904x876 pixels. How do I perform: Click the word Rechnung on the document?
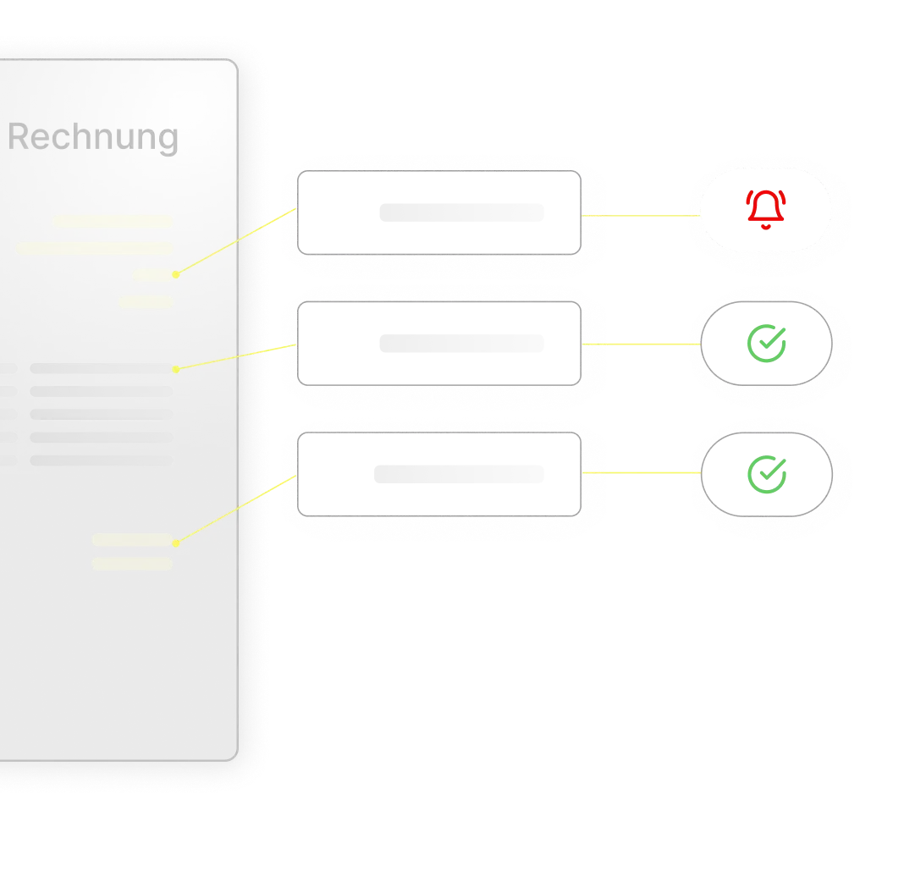click(x=93, y=137)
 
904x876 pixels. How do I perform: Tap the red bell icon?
click(x=766, y=210)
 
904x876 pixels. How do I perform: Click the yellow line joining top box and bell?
click(x=639, y=215)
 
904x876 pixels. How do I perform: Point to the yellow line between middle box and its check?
click(x=639, y=344)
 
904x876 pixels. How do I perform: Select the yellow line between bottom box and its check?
click(x=639, y=471)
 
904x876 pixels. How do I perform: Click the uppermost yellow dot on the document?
click(x=175, y=274)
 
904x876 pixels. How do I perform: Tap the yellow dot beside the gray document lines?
click(x=175, y=369)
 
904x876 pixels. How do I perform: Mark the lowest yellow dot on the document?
click(x=175, y=541)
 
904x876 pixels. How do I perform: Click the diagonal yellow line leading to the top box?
click(x=235, y=242)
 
